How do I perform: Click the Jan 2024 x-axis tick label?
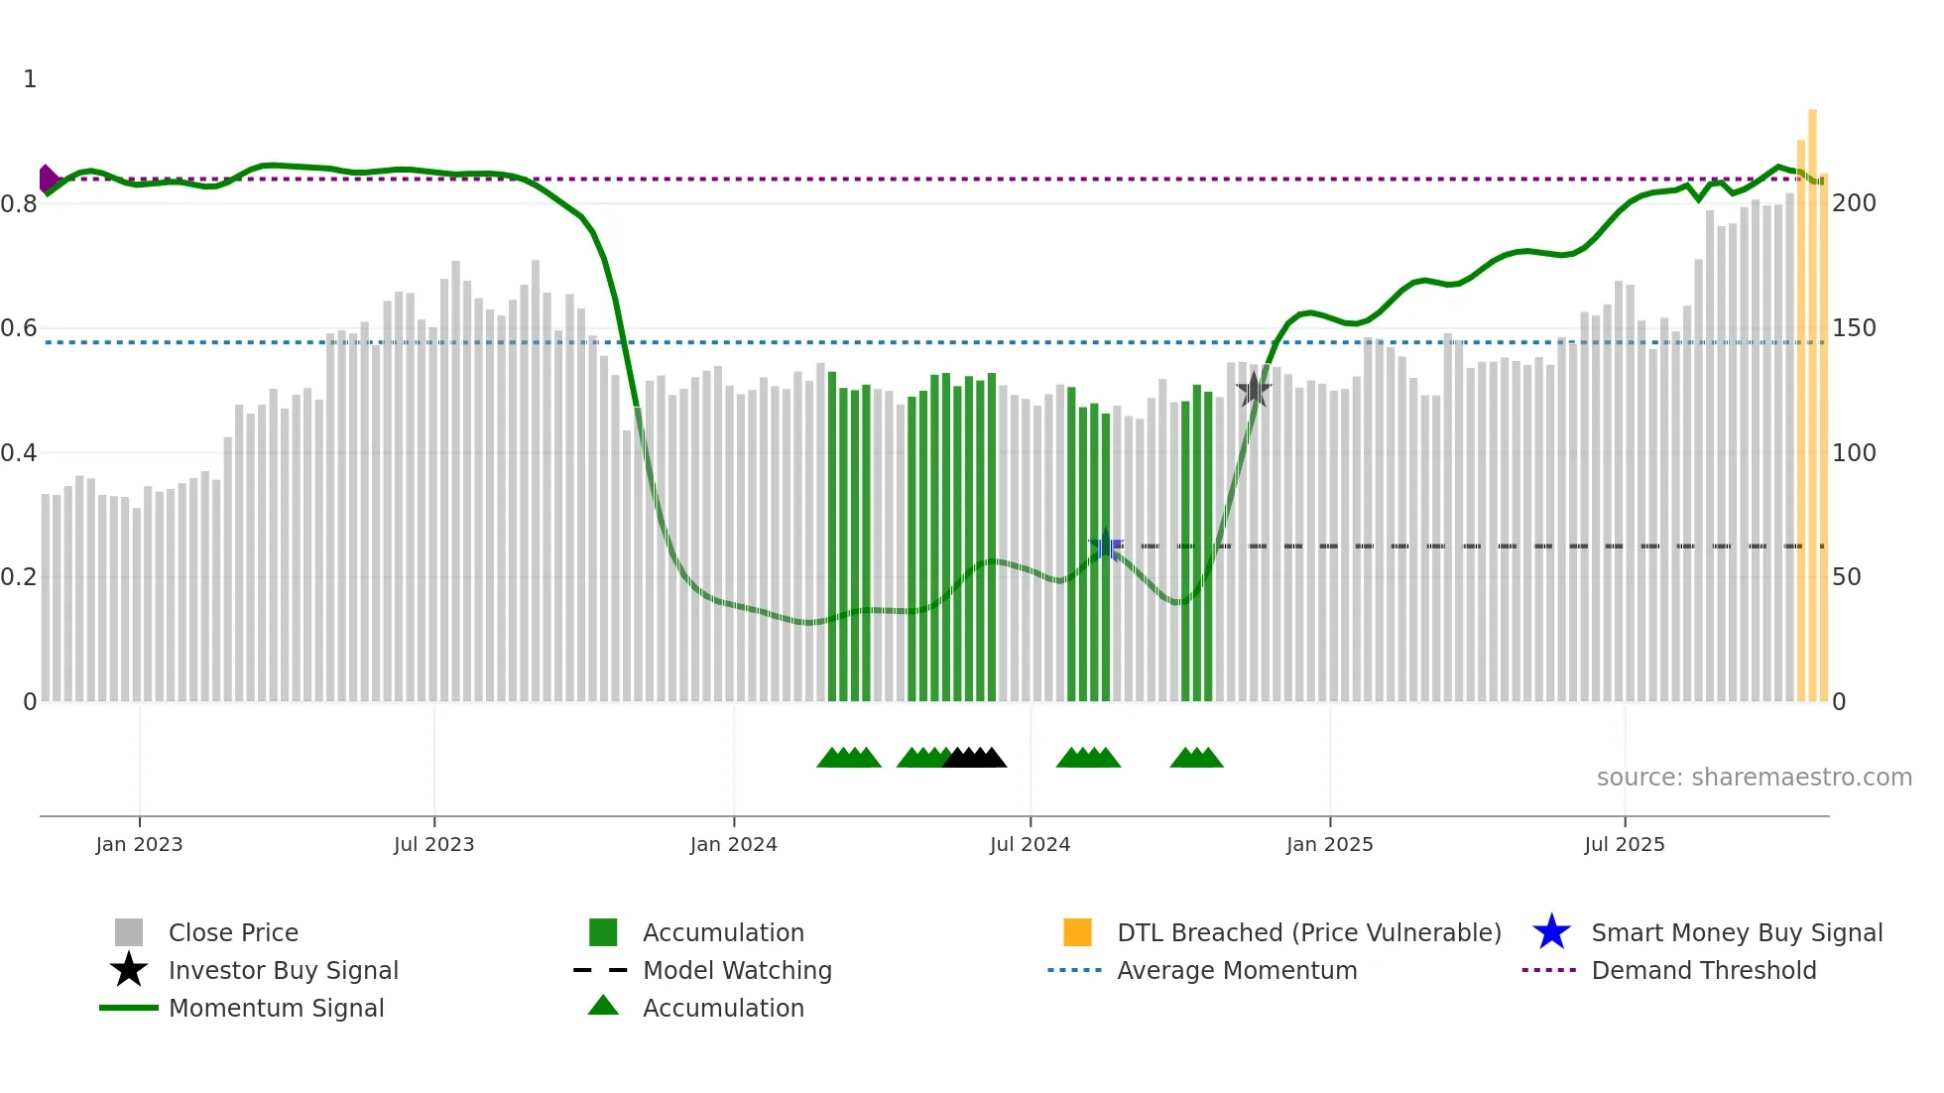click(733, 844)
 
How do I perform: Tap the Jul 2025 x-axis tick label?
click(1624, 844)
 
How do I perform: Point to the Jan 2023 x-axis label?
click(139, 844)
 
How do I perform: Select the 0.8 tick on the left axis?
click(19, 204)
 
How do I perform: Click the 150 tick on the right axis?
click(1854, 328)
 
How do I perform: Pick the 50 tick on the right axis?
click(1847, 577)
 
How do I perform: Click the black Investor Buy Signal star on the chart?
click(1254, 390)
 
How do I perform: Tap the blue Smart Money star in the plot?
click(1106, 546)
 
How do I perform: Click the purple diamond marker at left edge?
click(47, 179)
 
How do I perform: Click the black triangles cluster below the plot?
click(975, 758)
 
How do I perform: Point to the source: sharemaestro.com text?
click(1754, 778)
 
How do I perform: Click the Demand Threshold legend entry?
click(1703, 971)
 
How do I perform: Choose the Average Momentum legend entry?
click(1236, 971)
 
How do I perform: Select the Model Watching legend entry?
click(736, 971)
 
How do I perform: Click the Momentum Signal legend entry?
click(276, 1009)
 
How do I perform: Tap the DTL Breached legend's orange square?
click(1077, 932)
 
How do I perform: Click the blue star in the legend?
click(1551, 932)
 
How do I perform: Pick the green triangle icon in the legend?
click(603, 1006)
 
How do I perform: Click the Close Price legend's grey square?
click(129, 932)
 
